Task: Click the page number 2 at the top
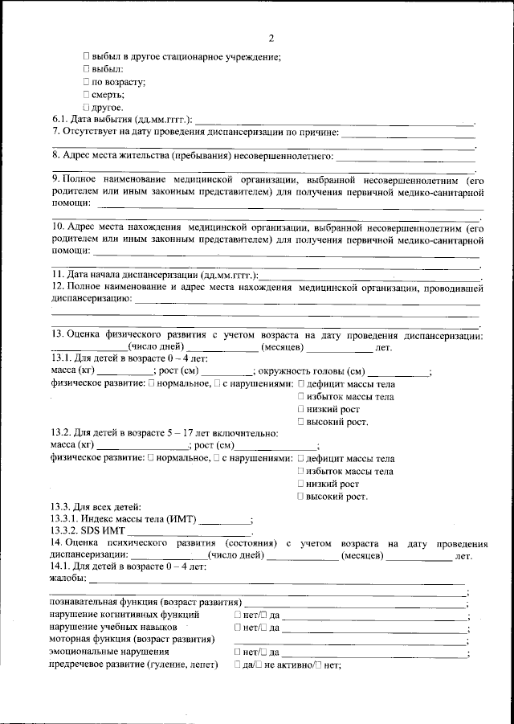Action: click(x=271, y=38)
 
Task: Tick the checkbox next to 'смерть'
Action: click(x=87, y=95)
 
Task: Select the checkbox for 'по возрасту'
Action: click(x=87, y=82)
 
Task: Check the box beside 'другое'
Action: click(x=87, y=107)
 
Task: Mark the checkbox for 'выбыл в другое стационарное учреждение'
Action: click(x=87, y=56)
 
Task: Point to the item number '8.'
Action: click(x=56, y=154)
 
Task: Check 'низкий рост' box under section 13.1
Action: click(x=301, y=409)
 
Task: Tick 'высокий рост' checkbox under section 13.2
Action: click(x=301, y=497)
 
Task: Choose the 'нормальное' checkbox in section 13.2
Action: click(x=151, y=459)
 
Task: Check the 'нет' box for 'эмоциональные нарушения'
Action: click(x=238, y=652)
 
